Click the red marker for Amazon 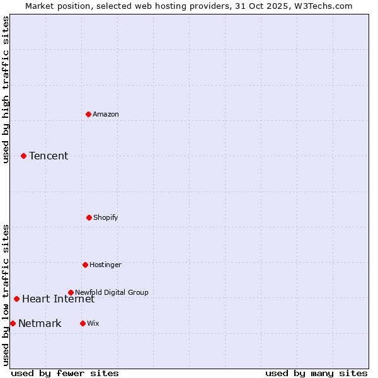click(88, 114)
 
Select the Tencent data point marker click(23, 156)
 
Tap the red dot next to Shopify click(89, 217)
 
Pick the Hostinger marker click(85, 265)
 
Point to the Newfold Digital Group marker click(71, 292)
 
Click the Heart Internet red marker click(16, 299)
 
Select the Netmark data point click(13, 323)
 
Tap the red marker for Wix click(83, 323)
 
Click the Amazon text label click(106, 114)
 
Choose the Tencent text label click(49, 156)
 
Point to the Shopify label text click(106, 217)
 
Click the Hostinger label click(105, 265)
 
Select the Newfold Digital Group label click(112, 292)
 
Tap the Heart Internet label click(58, 299)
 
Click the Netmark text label click(40, 323)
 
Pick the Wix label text click(93, 323)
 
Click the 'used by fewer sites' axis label click(65, 373)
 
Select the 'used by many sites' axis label click(316, 373)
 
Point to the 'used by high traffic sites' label click(6, 90)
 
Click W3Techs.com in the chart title click(321, 6)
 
